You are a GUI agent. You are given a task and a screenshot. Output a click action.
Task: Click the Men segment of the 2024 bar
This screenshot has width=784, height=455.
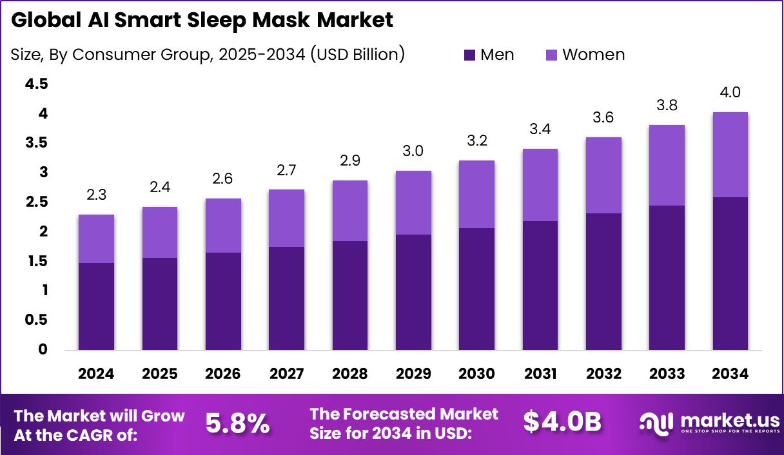point(96,307)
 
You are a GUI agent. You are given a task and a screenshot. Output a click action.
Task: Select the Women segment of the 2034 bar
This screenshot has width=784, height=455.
point(730,155)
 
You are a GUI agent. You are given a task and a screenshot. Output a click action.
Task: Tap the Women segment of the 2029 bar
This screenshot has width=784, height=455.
point(413,202)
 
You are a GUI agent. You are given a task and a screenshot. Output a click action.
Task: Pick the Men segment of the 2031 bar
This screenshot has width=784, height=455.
point(540,286)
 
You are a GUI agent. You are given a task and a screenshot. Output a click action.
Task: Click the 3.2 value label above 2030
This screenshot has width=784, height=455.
point(476,140)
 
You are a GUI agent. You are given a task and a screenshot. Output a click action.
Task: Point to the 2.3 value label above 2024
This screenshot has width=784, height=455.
point(96,195)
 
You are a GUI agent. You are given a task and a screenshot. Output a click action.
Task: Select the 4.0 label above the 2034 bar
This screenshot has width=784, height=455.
point(730,92)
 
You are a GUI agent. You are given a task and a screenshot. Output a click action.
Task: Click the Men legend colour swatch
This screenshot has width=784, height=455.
point(469,55)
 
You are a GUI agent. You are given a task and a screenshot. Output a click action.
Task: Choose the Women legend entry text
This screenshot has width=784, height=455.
point(593,55)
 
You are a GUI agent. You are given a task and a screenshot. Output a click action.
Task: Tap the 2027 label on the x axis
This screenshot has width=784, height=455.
point(286,374)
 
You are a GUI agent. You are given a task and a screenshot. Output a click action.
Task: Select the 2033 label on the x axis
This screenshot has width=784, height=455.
point(667,374)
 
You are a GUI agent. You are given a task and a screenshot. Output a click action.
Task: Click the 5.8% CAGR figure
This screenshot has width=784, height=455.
point(237,423)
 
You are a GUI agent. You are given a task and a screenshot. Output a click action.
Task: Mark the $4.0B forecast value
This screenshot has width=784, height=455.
point(562,422)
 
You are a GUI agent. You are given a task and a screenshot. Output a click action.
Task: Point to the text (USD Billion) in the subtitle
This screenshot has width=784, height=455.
point(357,55)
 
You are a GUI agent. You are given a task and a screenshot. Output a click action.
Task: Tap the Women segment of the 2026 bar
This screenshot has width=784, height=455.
point(223,226)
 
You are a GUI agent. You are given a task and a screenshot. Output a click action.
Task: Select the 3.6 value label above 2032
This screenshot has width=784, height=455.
point(603,117)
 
